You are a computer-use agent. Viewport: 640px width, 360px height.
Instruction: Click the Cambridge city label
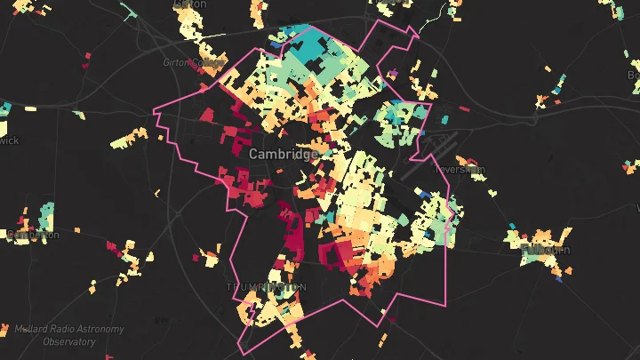(283, 154)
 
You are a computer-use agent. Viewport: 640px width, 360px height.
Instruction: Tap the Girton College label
(190, 62)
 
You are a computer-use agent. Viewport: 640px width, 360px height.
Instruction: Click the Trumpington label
(266, 287)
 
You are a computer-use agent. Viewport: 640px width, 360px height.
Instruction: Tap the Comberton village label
(32, 235)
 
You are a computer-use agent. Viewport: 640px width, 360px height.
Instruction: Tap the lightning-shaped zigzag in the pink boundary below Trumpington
(252, 311)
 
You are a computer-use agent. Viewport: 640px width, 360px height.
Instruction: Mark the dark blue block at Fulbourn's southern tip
(559, 278)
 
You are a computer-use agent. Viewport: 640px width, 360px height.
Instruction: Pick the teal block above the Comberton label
(45, 214)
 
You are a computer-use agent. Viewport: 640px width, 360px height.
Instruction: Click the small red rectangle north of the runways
(463, 109)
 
